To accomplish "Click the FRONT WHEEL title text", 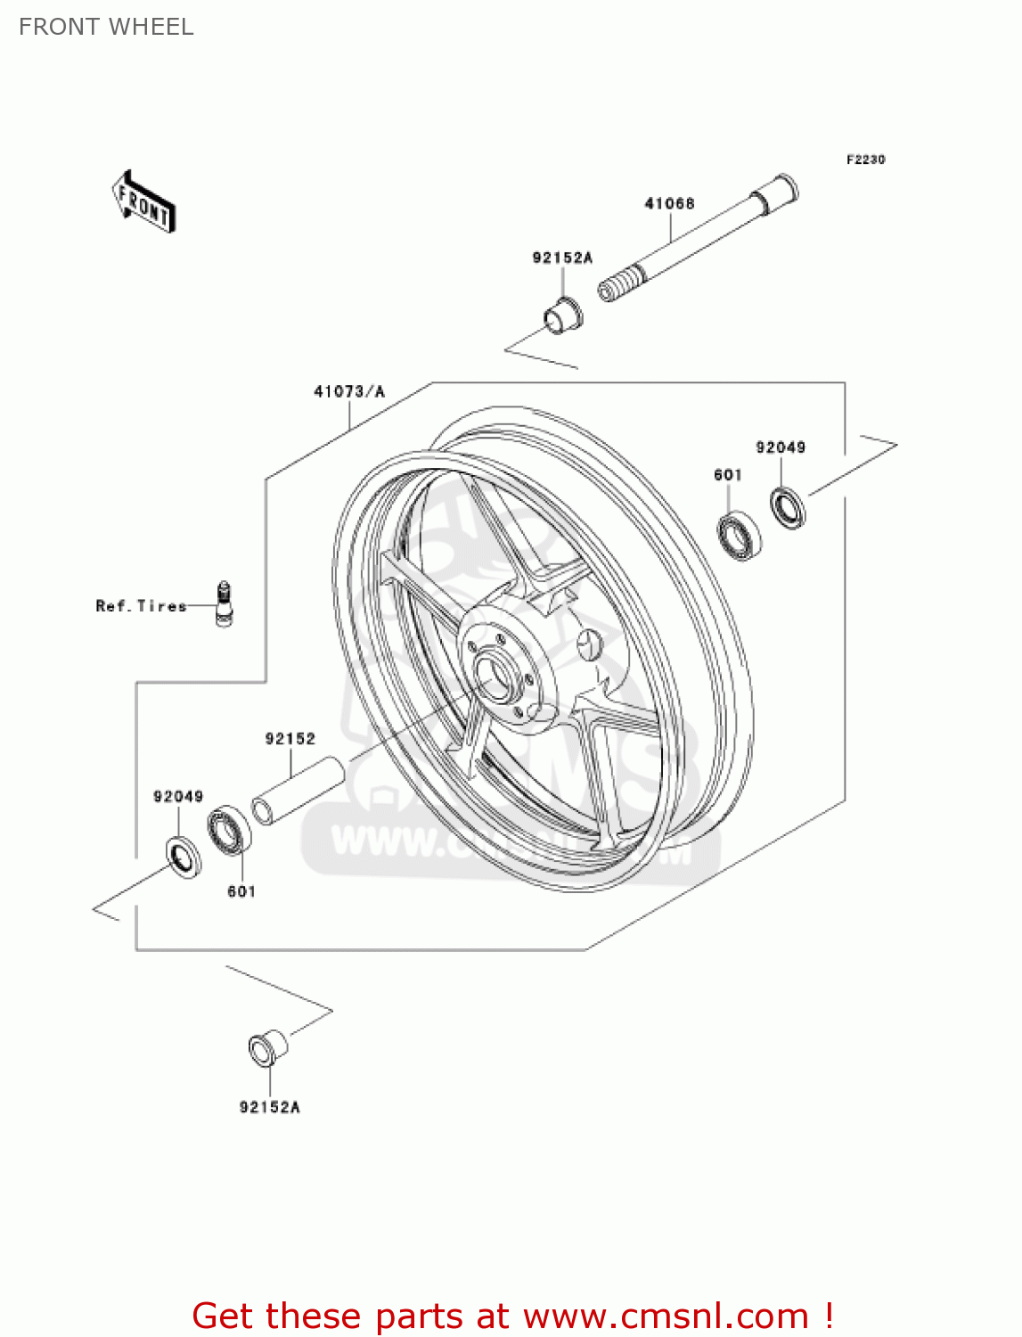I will click(106, 27).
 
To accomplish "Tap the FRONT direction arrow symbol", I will click(143, 202).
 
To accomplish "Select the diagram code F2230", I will click(865, 160).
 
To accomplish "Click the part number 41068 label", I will click(669, 203).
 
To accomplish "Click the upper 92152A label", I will click(562, 258).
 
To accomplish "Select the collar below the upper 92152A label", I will click(562, 316).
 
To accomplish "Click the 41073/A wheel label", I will click(349, 391).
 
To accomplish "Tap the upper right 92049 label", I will click(781, 447).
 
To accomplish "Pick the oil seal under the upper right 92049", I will click(788, 508).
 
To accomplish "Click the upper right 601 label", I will click(728, 475).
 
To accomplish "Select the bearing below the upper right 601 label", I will click(739, 537).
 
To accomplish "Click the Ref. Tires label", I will click(141, 606).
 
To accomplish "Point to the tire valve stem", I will click(224, 603).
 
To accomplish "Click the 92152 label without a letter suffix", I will click(290, 739).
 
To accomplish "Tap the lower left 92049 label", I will click(178, 796).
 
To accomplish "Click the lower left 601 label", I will click(241, 891).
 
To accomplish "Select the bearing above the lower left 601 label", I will click(230, 830).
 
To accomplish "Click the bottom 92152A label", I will click(269, 1107).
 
